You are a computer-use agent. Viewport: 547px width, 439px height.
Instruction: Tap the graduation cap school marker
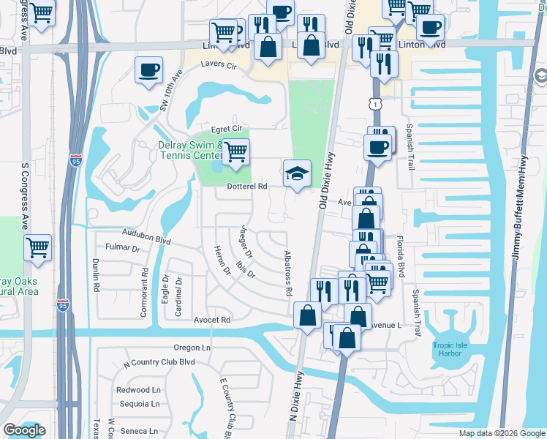(296, 174)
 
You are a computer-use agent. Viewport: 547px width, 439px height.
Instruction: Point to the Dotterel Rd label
(246, 187)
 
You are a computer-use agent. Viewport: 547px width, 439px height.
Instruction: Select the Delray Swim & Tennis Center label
(190, 150)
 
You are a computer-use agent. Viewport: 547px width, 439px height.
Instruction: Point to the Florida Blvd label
(400, 255)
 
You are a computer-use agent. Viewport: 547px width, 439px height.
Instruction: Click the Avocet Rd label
(212, 320)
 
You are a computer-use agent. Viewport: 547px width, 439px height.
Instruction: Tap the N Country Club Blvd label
(159, 362)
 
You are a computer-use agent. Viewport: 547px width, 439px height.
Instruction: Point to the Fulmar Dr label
(122, 247)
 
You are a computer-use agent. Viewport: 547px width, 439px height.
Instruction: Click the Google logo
(24, 430)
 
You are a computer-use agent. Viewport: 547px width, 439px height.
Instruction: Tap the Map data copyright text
(501, 433)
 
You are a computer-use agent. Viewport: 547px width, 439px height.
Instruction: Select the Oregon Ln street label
(192, 348)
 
